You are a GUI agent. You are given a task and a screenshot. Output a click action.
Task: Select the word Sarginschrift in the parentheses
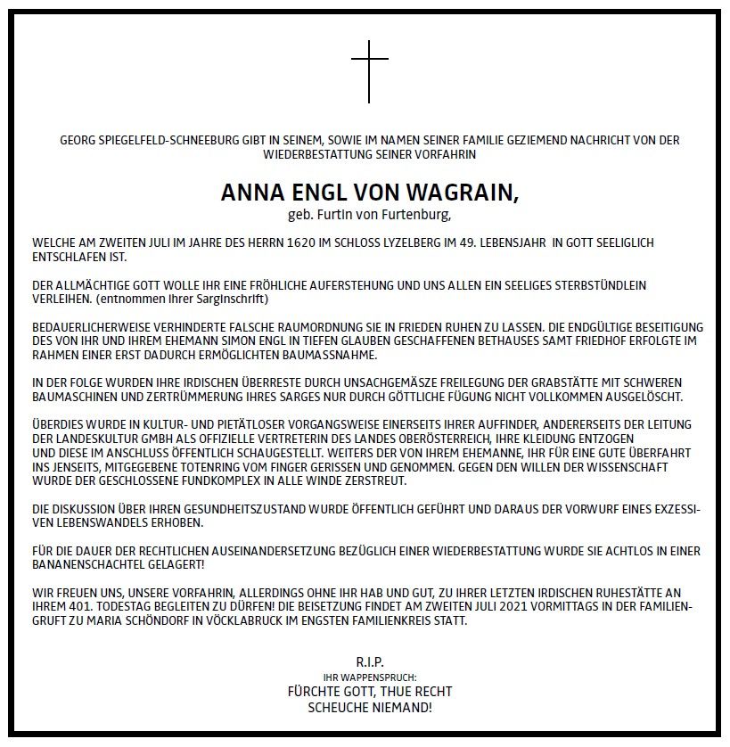point(229,299)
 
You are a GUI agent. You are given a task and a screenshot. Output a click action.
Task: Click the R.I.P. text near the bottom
point(369,664)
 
